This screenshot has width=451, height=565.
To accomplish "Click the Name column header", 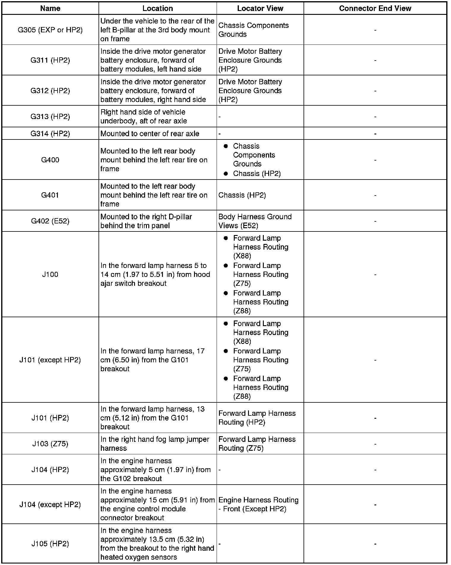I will tap(50, 8).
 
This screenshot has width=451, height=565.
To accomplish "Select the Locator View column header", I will tap(260, 8).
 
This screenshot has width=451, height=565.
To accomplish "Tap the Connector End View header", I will tap(375, 8).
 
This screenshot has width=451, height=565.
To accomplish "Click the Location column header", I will tap(158, 8).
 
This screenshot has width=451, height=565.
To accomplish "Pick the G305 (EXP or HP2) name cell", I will tap(50, 30).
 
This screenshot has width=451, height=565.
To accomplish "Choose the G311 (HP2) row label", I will tap(50, 60).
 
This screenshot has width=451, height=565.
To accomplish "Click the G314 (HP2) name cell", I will tap(50, 134).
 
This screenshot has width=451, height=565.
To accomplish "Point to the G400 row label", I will tap(50, 160).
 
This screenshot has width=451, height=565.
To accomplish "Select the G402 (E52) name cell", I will tap(50, 221).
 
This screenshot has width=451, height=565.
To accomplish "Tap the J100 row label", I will tap(50, 274).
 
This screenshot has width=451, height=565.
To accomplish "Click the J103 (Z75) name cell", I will tap(50, 444).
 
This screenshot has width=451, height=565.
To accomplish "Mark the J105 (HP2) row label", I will tap(50, 544).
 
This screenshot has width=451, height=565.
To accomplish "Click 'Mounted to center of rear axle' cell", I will tap(150, 134).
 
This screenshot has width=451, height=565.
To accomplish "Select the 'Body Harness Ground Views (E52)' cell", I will tap(255, 221).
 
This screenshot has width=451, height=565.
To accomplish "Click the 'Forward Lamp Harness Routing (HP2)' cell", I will tap(257, 418).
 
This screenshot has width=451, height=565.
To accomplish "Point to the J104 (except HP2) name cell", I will tap(50, 504).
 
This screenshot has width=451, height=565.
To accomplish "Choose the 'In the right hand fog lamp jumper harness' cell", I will tap(155, 444).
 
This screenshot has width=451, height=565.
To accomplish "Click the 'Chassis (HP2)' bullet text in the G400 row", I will tap(257, 174).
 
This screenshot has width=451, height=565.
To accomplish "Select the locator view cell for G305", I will tap(253, 30).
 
